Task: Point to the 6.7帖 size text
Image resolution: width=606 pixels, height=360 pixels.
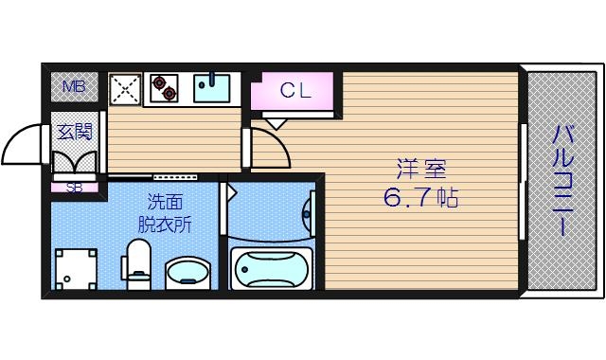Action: (x=421, y=200)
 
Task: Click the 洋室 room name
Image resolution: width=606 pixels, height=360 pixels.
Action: (x=421, y=171)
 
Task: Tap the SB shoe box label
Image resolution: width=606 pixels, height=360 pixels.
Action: (x=74, y=187)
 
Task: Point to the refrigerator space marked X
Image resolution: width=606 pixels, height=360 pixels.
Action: (x=125, y=89)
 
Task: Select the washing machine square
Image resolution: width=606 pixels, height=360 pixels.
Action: (x=76, y=269)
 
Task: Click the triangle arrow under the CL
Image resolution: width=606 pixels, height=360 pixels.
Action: (x=275, y=121)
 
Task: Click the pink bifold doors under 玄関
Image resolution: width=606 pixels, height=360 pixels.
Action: (x=75, y=161)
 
